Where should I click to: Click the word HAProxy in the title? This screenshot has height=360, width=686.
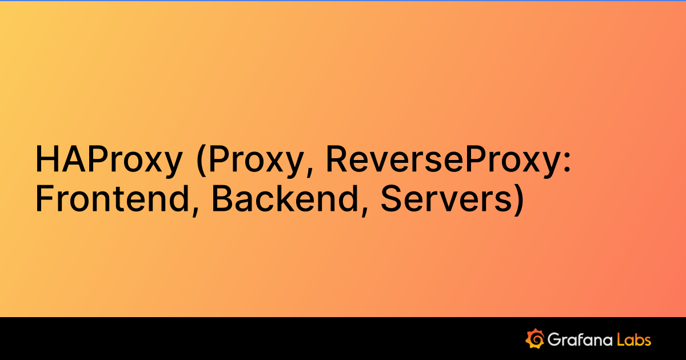pos(107,160)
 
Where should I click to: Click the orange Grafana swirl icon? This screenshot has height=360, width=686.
pos(535,338)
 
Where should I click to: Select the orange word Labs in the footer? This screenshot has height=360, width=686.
pos(634,339)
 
